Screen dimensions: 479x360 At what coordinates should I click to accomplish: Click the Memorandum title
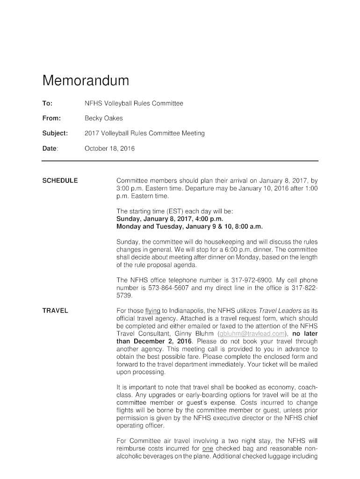click(x=86, y=81)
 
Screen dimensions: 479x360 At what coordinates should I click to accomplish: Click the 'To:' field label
click(x=47, y=103)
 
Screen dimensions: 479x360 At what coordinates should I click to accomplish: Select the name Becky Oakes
click(x=100, y=118)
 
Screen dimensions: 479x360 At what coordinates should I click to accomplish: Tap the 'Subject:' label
click(x=55, y=133)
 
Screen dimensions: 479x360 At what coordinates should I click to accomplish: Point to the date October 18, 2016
click(x=109, y=149)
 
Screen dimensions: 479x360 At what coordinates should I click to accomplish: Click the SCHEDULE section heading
click(x=60, y=181)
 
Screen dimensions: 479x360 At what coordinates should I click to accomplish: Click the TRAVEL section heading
click(x=55, y=311)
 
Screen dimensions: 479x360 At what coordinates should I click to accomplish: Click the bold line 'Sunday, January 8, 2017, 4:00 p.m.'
click(x=170, y=219)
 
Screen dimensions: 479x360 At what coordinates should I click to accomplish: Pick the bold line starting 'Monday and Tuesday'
click(x=189, y=226)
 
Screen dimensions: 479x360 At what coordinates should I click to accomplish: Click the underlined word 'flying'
click(x=153, y=311)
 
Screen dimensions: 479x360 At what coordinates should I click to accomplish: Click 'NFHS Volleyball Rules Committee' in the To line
click(x=134, y=103)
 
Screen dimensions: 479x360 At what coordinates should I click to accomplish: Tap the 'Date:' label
click(x=50, y=149)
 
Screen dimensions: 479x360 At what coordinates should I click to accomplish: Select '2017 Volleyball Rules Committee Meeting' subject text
click(x=144, y=133)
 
